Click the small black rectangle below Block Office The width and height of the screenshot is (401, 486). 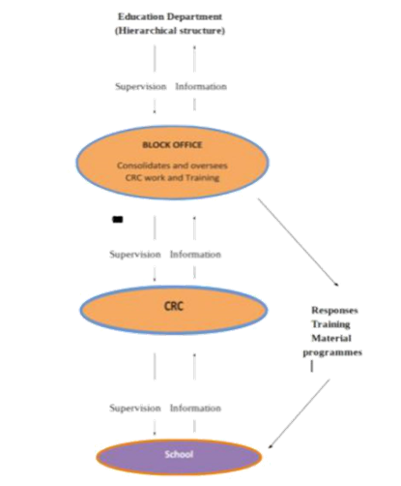(x=117, y=220)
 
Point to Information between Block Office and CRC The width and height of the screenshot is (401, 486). (x=197, y=255)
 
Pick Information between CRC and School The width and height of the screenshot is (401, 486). (x=196, y=408)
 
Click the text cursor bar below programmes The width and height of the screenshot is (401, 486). (x=311, y=368)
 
